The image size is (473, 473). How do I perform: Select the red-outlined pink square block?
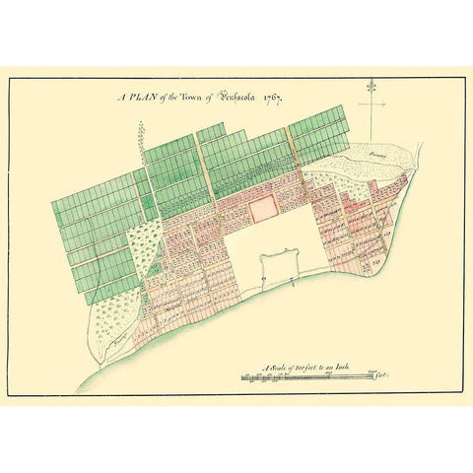[262, 208]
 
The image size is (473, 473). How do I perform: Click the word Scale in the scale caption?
[281, 366]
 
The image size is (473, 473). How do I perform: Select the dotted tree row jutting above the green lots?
[142, 132]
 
